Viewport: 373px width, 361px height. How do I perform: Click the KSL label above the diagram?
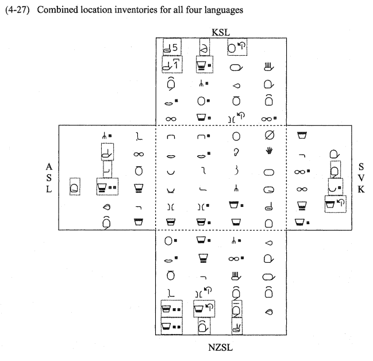[x=220, y=32]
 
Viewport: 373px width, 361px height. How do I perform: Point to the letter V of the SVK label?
[x=361, y=178]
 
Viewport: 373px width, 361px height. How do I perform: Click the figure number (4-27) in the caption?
[x=18, y=9]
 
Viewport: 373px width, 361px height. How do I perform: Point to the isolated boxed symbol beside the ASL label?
[x=75, y=186]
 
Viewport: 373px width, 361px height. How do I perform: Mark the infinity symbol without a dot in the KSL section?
[x=171, y=119]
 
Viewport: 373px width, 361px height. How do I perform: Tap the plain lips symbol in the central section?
[x=171, y=155]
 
